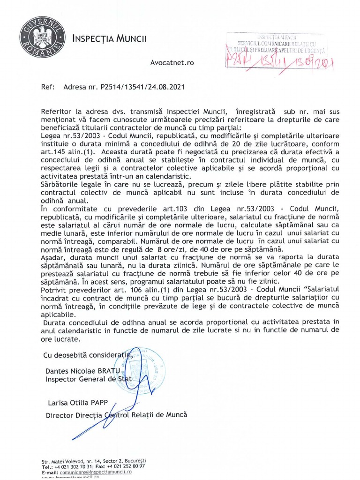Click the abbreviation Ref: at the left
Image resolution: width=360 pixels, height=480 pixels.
47,87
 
